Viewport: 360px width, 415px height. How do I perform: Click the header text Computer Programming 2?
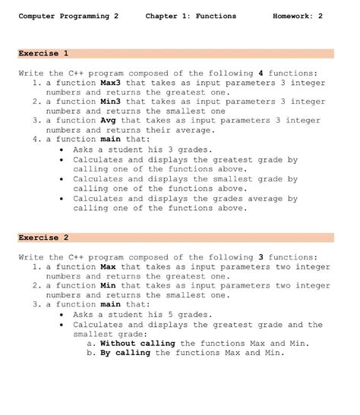(x=68, y=16)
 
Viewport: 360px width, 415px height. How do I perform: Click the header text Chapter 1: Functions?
(x=191, y=16)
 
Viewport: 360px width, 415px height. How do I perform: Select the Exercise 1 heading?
(x=43, y=54)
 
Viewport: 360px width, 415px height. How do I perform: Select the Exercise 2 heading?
(x=43, y=237)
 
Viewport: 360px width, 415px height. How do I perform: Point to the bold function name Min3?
(x=111, y=101)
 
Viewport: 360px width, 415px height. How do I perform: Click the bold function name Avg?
(x=109, y=120)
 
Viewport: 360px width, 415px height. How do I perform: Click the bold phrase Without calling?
(x=137, y=343)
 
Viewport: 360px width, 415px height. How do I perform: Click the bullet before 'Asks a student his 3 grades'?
(x=62, y=149)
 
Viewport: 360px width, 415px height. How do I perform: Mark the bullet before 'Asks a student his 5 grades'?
(x=62, y=314)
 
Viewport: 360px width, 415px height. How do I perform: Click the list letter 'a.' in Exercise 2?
(x=92, y=343)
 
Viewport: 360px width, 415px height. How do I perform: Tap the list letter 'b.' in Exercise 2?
(x=92, y=352)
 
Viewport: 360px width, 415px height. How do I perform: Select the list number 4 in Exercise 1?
(x=36, y=139)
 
